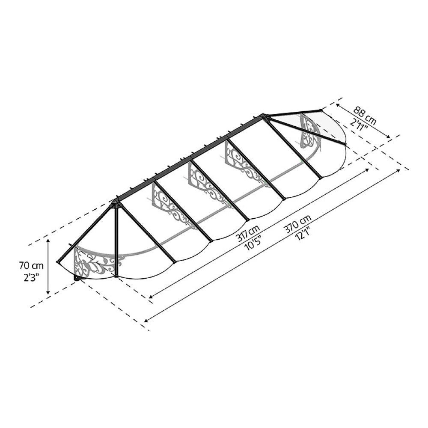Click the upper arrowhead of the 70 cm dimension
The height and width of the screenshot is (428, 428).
(x=48, y=241)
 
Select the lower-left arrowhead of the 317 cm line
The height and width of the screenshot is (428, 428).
(x=151, y=296)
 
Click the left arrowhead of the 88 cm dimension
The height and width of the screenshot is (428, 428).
(x=338, y=104)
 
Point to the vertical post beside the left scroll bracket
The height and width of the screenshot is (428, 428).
(x=116, y=240)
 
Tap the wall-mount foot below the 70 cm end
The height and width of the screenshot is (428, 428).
(x=78, y=278)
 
